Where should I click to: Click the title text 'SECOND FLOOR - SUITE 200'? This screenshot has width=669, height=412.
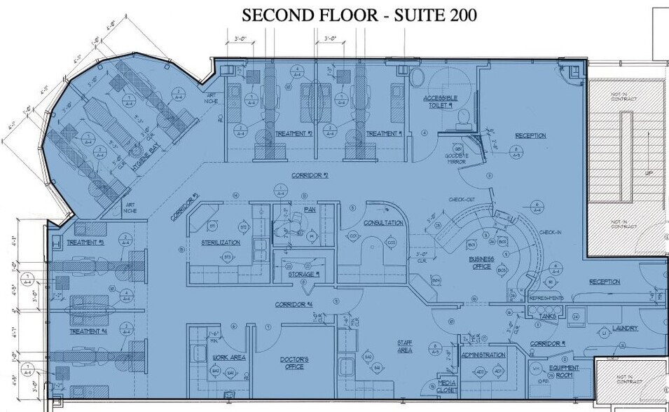click(x=359, y=15)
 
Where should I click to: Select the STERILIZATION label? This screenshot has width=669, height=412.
click(x=221, y=242)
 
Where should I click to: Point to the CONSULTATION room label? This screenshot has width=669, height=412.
click(x=383, y=223)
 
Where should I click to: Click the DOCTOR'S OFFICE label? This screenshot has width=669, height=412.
click(x=294, y=363)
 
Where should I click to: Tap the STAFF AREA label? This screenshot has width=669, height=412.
click(x=405, y=346)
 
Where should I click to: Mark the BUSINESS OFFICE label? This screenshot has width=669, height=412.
click(x=481, y=262)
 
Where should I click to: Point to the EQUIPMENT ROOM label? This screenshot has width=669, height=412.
click(x=561, y=372)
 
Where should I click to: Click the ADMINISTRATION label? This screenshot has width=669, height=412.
click(x=483, y=355)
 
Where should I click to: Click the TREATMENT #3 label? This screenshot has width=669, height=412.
click(x=85, y=242)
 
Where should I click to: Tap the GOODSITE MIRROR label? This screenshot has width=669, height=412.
click(x=457, y=158)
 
